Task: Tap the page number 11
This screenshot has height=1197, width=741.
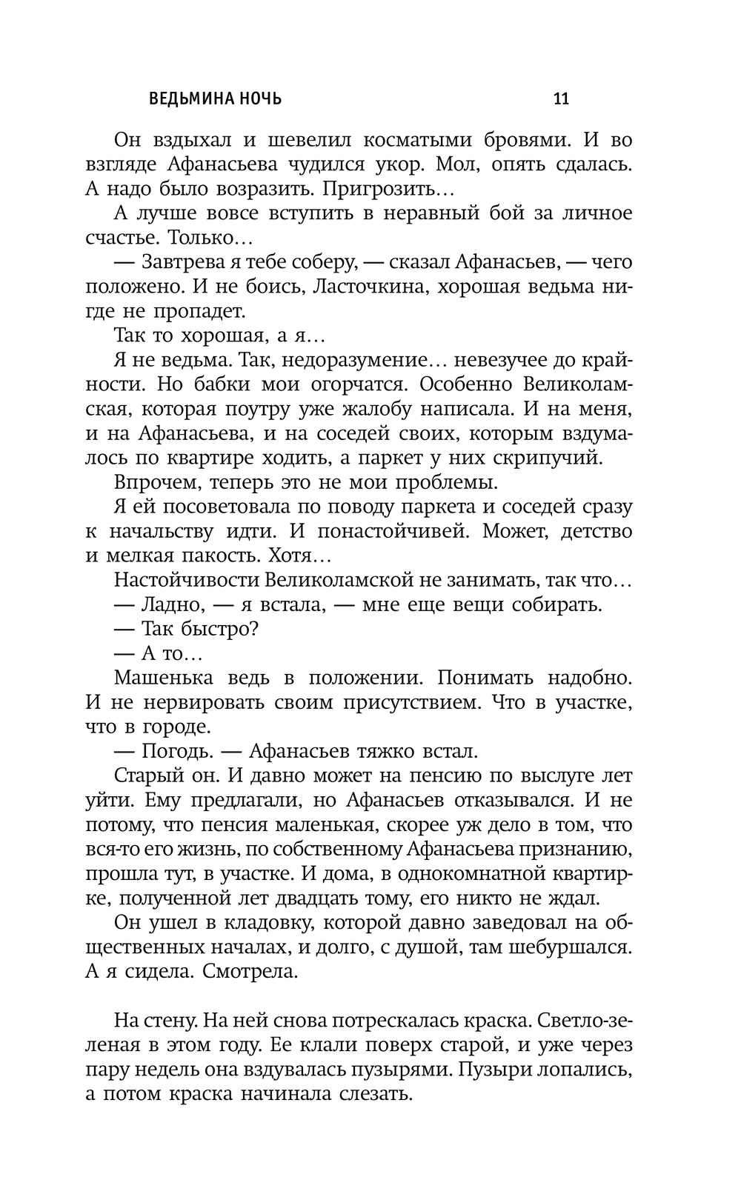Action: tap(561, 99)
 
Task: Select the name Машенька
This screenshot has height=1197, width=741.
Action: tap(164, 678)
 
